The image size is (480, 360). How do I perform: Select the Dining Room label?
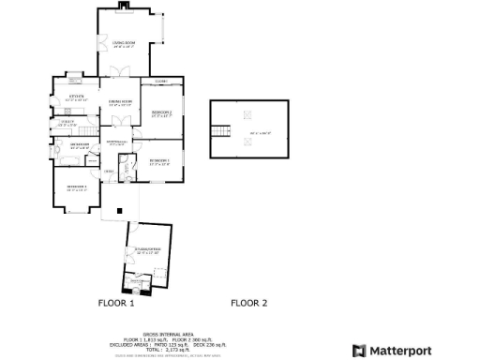119,102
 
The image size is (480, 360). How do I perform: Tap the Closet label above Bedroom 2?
161,82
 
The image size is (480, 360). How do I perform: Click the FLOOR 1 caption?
117,303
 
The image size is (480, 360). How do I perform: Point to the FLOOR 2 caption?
249,303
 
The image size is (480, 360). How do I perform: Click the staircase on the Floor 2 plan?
222,131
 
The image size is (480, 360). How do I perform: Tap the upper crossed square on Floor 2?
249,116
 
